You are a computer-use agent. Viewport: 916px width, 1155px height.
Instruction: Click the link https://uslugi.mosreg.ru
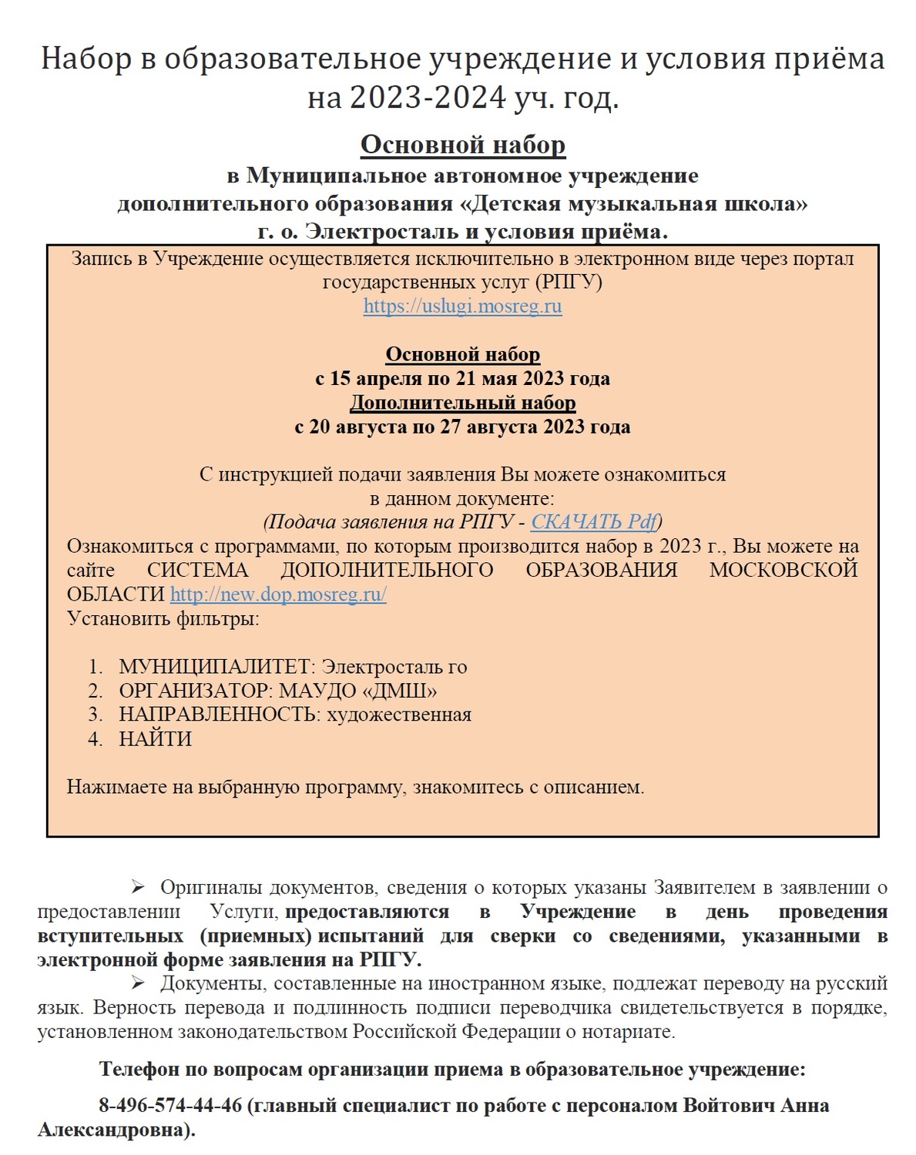tap(462, 306)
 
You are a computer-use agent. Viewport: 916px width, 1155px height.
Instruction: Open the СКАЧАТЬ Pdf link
tap(594, 522)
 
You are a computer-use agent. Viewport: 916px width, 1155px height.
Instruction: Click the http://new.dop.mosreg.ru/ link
tap(278, 594)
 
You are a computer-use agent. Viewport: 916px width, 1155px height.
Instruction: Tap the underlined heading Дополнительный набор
tap(462, 403)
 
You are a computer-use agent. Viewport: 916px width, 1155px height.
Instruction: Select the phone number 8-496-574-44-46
tap(170, 1106)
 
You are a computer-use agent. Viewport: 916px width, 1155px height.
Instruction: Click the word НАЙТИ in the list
tap(155, 739)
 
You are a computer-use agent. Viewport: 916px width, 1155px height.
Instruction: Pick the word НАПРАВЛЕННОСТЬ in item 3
tap(217, 715)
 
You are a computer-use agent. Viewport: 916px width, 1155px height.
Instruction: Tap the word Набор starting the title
tap(86, 59)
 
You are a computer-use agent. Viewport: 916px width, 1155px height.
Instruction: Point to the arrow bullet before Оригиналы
tap(138, 887)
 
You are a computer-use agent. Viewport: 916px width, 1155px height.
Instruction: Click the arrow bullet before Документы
tap(138, 983)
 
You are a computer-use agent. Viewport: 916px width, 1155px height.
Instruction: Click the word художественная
tap(399, 715)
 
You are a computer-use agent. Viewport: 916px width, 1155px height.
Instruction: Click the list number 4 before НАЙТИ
tap(95, 739)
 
